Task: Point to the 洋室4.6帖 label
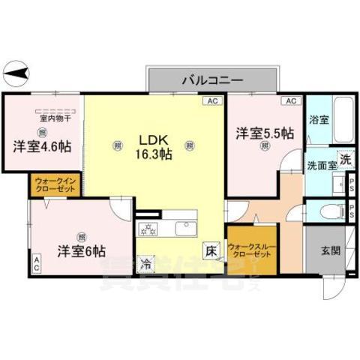click(x=41, y=146)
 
